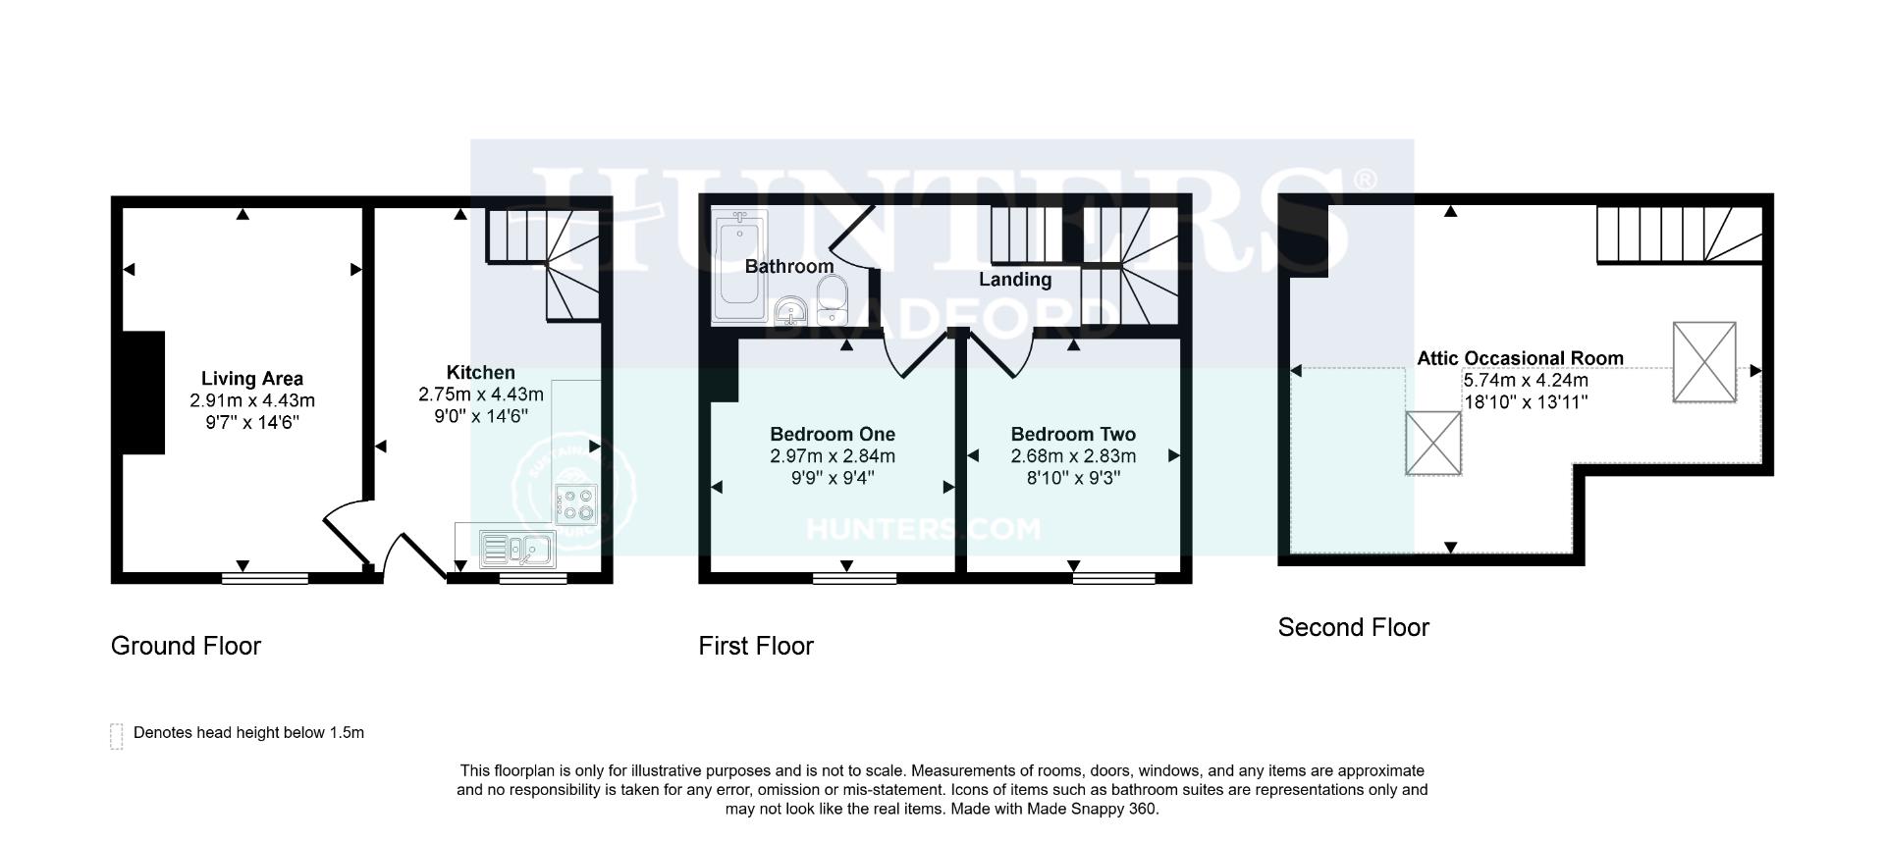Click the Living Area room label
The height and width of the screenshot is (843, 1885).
click(252, 379)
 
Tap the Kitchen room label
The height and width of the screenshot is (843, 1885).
click(480, 373)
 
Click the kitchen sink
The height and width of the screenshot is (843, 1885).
click(517, 550)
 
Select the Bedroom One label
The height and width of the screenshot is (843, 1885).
click(833, 434)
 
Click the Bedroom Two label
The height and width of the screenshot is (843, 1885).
click(1073, 434)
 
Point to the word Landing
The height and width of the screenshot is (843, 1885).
click(1015, 280)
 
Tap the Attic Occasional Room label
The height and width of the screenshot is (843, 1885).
click(1520, 358)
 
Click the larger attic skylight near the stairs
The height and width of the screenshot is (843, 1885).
click(1704, 361)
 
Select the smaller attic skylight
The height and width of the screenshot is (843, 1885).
click(1433, 443)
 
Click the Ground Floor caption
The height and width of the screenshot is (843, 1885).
click(186, 646)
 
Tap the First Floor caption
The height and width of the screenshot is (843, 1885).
click(756, 646)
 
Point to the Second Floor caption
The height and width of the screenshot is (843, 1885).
click(1353, 627)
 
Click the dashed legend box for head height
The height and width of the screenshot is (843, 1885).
click(117, 736)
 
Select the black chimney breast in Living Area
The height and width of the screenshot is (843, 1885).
click(143, 393)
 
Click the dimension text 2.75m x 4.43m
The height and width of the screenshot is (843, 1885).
click(480, 395)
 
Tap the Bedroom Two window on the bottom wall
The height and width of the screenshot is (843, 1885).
click(1113, 578)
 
